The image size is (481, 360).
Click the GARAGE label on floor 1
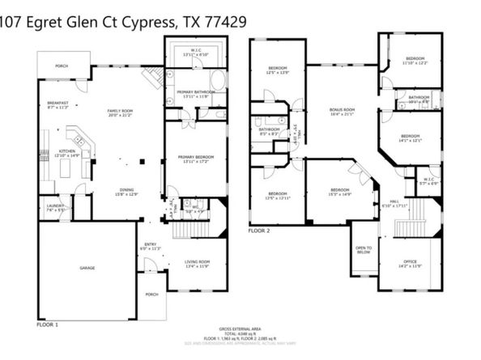[87, 268]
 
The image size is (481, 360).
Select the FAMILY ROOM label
[123, 112]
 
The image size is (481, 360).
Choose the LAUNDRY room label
[55, 207]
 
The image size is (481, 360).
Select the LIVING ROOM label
[198, 263]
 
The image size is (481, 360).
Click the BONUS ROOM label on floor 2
[343, 112]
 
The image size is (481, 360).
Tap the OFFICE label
[411, 263]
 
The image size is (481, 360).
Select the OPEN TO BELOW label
[364, 249]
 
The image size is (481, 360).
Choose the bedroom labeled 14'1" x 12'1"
[410, 138]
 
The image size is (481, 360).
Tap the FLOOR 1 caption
[48, 324]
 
